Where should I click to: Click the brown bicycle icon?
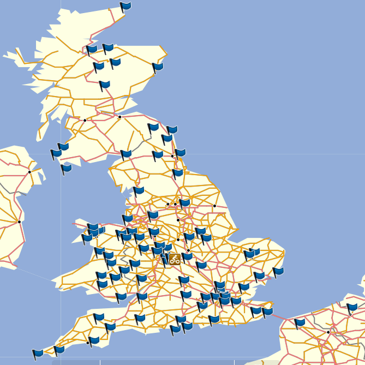coord(175,259)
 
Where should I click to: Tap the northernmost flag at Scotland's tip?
coord(125,7)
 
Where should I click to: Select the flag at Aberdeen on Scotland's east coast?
coord(158,67)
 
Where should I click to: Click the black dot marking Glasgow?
coord(85,120)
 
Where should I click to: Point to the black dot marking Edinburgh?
coord(119,117)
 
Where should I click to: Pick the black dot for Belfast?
coord(29,172)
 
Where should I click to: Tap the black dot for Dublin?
coord(19,222)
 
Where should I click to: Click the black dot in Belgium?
coord(328,332)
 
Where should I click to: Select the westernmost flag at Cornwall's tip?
coord(38,354)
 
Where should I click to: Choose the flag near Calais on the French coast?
coord(300,323)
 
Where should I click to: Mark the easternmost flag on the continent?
coord(352,308)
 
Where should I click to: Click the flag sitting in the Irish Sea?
coord(67,169)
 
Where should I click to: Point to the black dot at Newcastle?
coord(172,156)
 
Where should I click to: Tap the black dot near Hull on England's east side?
coord(214,206)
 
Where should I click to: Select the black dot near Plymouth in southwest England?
coord(88,343)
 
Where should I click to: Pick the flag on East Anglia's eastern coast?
coord(278,271)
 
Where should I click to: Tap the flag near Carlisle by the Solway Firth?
coord(126,154)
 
